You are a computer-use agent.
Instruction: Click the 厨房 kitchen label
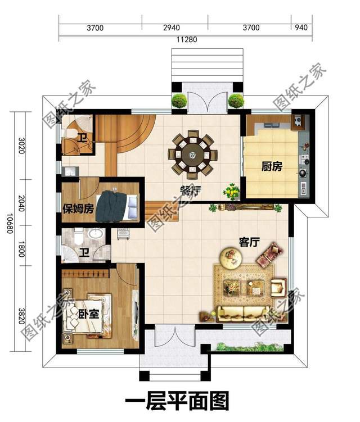pyautogui.click(x=272, y=166)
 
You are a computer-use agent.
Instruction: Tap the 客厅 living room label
pyautogui.click(x=249, y=242)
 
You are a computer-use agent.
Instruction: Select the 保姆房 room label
pyautogui.click(x=78, y=208)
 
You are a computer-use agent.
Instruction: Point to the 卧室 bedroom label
pyautogui.click(x=89, y=314)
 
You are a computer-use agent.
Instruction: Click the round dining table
pyautogui.click(x=192, y=155)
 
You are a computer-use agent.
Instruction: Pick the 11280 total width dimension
pyautogui.click(x=187, y=39)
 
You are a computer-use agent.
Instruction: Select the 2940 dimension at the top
pyautogui.click(x=172, y=28)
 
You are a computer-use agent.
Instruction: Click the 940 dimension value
pyautogui.click(x=301, y=27)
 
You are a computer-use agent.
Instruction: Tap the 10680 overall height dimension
pyautogui.click(x=10, y=224)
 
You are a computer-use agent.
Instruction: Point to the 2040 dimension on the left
pyautogui.click(x=21, y=203)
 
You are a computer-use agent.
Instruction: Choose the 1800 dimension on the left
pyautogui.click(x=21, y=249)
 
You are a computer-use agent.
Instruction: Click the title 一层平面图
pyautogui.click(x=177, y=401)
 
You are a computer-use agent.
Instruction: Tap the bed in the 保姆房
pyautogui.click(x=118, y=206)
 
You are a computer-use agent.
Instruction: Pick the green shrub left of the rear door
pyautogui.click(x=179, y=101)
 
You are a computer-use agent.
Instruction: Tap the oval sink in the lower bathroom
pyautogui.click(x=96, y=233)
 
